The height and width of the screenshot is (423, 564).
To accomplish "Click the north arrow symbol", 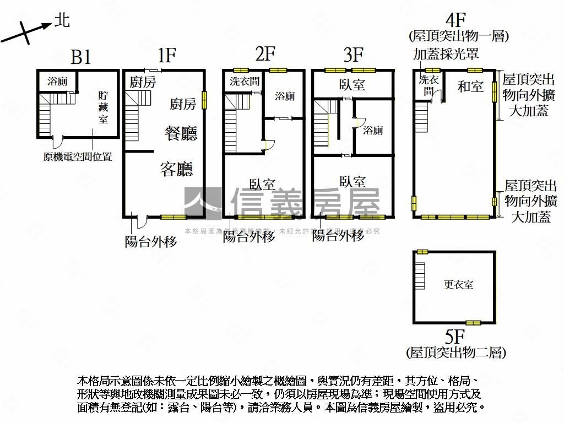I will click(28, 30).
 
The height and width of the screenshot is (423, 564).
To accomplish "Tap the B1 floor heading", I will click(80, 57).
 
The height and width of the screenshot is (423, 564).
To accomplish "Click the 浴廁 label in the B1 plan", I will click(57, 82).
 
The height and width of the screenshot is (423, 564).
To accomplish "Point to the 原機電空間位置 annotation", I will click(78, 157).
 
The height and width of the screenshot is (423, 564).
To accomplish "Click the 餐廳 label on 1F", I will click(181, 133).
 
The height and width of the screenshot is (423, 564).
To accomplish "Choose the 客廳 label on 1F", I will click(177, 169).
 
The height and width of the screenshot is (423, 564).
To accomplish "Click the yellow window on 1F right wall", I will click(204, 100).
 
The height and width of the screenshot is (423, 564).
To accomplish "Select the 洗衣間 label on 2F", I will click(244, 82).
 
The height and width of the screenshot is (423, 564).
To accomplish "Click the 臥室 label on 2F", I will click(262, 184).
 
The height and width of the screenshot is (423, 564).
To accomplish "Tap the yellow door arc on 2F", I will click(267, 145).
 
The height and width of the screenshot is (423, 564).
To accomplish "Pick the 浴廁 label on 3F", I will click(373, 131).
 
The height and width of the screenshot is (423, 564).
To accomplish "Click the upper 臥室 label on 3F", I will click(352, 85).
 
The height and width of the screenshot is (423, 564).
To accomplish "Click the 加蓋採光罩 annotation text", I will click(446, 54).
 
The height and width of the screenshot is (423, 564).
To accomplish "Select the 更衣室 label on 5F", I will click(458, 285).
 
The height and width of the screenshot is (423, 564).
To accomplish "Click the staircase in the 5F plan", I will click(420, 276).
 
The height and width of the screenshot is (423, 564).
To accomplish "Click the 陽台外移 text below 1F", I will click(151, 241).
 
